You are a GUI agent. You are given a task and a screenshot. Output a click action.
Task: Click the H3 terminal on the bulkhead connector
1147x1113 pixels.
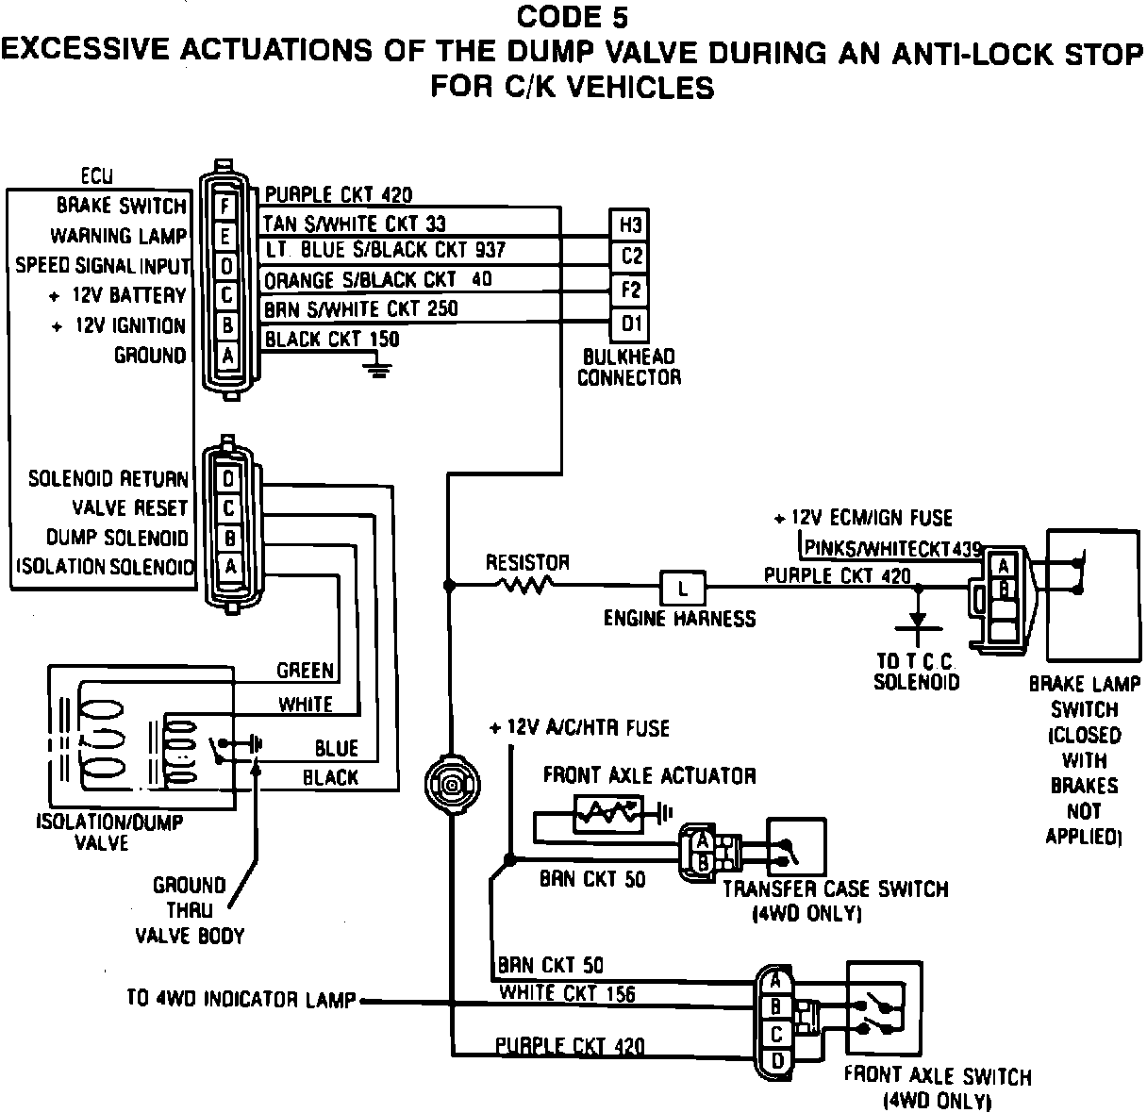pyautogui.click(x=629, y=225)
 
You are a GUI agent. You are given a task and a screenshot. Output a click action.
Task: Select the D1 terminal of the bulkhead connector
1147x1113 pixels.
pyautogui.click(x=629, y=324)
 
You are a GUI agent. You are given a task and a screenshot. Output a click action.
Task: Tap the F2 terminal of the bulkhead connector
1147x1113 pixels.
pyautogui.click(x=629, y=291)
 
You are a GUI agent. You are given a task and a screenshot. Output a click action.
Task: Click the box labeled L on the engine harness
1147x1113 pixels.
pyautogui.click(x=682, y=588)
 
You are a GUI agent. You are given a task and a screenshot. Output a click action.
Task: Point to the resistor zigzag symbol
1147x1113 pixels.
pyautogui.click(x=526, y=584)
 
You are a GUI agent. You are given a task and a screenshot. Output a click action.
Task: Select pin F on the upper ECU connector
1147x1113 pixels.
pyautogui.click(x=225, y=207)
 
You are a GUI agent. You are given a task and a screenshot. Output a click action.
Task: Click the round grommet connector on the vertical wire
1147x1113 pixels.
pyautogui.click(x=452, y=785)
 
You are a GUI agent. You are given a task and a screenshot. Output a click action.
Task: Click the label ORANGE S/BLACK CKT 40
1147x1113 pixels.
pyautogui.click(x=378, y=279)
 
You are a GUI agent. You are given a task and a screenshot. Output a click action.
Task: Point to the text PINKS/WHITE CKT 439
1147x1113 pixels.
pyautogui.click(x=892, y=549)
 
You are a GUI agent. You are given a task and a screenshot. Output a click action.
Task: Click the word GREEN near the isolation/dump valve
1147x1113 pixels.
pyautogui.click(x=306, y=671)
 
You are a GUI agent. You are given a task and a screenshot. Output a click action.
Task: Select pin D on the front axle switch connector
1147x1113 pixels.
pyautogui.click(x=777, y=1061)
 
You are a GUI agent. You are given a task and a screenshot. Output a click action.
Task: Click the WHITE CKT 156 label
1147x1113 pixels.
pyautogui.click(x=567, y=993)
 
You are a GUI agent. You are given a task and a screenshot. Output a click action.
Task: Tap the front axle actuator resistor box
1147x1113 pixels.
pyautogui.click(x=607, y=814)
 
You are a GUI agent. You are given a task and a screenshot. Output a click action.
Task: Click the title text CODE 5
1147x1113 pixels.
pyautogui.click(x=573, y=17)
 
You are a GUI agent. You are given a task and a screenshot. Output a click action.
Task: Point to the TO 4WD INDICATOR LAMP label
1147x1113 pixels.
pyautogui.click(x=241, y=999)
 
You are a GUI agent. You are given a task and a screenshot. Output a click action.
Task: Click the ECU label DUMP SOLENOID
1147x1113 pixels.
pyautogui.click(x=117, y=538)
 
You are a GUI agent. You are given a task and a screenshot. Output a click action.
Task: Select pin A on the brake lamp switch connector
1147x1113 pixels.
pyautogui.click(x=1003, y=566)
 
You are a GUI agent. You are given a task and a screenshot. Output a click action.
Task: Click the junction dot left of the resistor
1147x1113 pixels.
pyautogui.click(x=449, y=585)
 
